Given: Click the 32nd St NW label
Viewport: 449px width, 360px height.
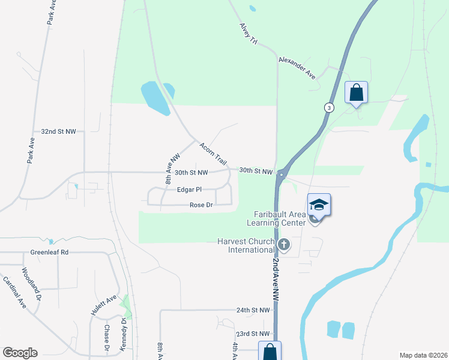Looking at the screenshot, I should coord(59,131).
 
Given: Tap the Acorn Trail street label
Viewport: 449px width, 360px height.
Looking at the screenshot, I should coord(214,154).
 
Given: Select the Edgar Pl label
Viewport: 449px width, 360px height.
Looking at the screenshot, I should coord(188,190).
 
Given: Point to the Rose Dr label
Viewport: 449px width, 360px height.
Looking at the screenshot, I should coord(201,205).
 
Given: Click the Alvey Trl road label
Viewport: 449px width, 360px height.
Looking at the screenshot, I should coord(248,34).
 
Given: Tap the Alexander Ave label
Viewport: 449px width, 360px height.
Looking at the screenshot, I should coord(297,68).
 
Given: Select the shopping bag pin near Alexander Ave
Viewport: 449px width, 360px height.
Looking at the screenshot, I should coord(356,93).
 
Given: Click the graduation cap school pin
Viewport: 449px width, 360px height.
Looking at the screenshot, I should coord(319,205).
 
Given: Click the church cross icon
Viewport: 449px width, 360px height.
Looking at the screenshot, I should coord(285,244).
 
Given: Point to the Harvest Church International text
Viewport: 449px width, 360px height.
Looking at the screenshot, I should coord(246,245).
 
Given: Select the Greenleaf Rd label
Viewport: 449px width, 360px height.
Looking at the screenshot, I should coord(49,253).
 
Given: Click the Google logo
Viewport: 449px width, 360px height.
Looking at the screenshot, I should coord(20,353).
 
